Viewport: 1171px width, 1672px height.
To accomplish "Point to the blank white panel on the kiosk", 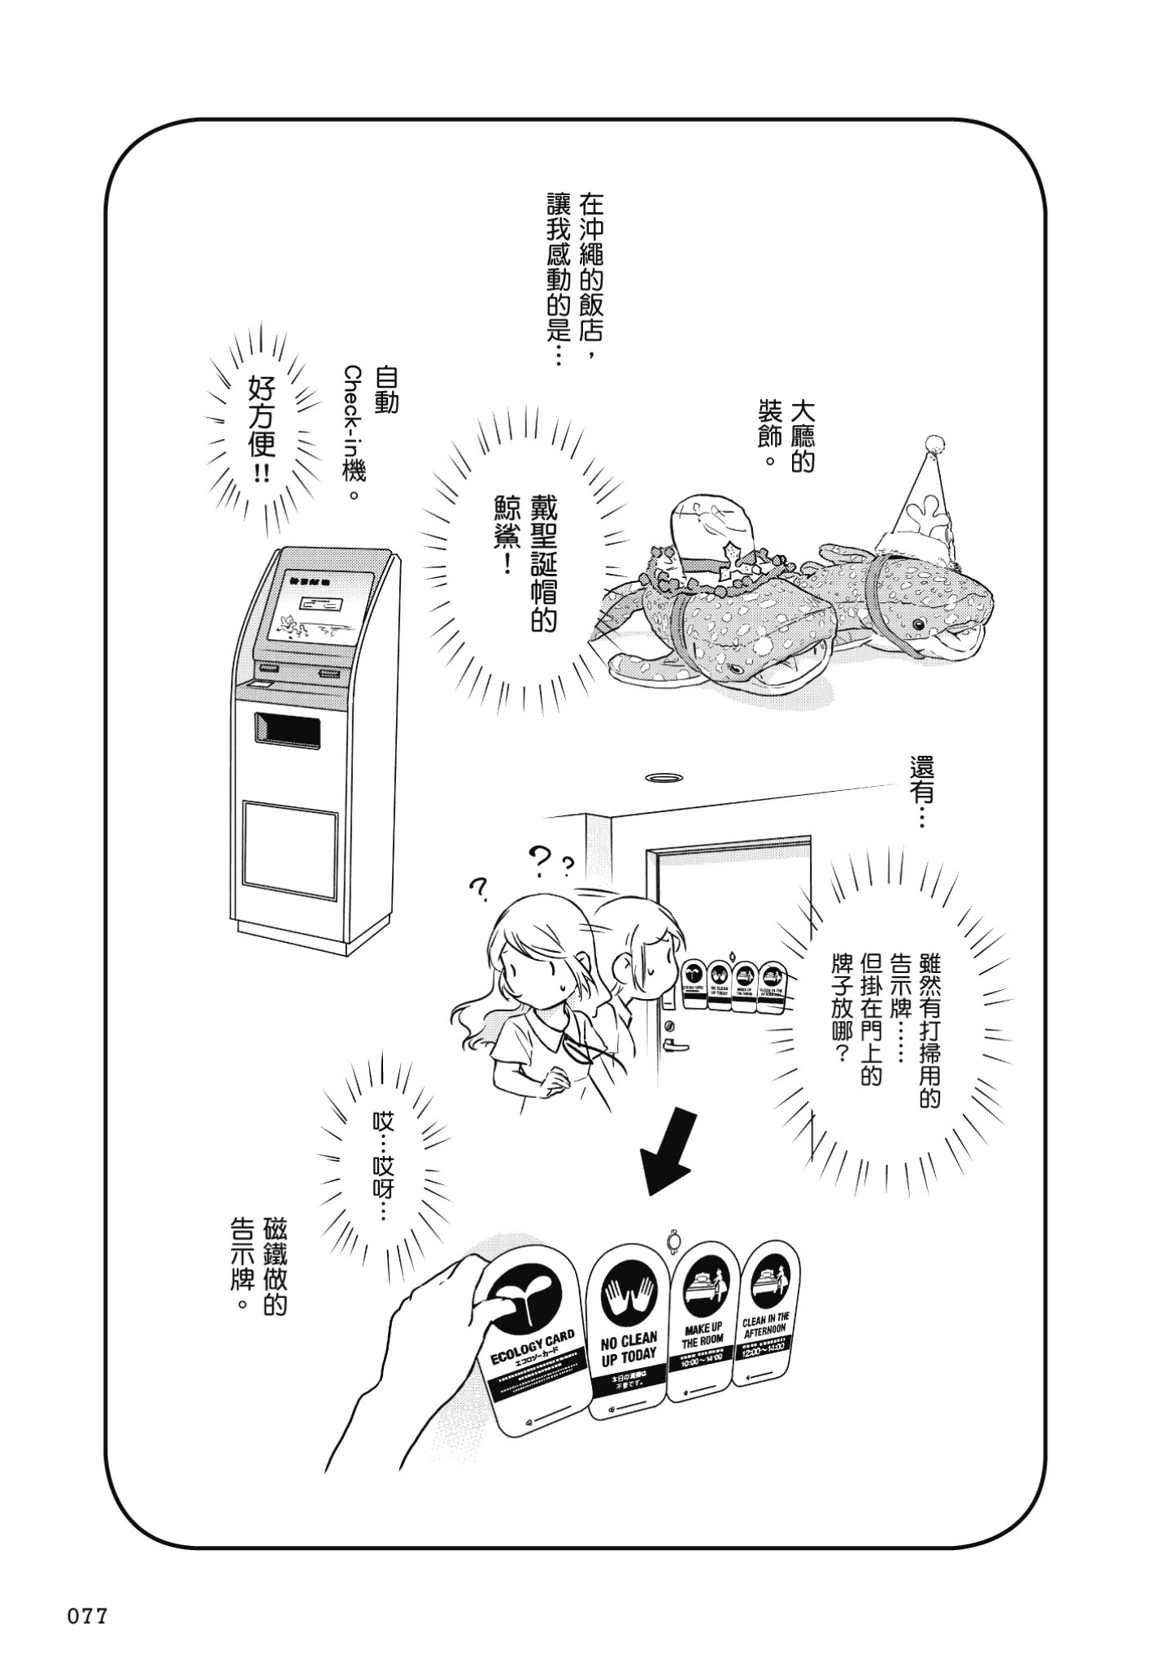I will click(290, 849).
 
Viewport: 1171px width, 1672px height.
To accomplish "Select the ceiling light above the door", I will click(664, 778).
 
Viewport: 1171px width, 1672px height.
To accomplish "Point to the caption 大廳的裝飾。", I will click(785, 435).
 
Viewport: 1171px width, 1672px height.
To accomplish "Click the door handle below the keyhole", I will click(673, 1044).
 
